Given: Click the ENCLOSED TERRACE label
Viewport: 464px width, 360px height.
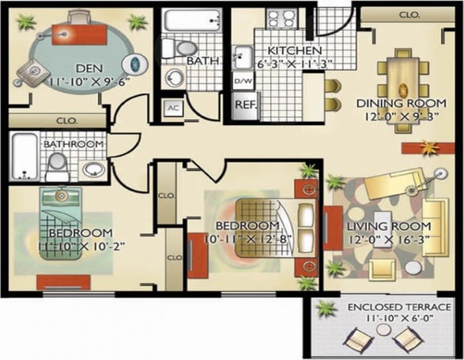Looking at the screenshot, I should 388,306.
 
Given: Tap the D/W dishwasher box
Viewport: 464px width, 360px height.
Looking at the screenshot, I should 243,81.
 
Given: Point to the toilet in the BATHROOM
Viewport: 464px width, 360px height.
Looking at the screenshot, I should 56,165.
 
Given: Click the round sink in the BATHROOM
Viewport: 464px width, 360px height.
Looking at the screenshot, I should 94,169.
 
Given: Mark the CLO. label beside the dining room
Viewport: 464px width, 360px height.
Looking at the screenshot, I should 409,14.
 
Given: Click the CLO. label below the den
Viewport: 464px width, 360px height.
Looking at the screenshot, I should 66,121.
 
